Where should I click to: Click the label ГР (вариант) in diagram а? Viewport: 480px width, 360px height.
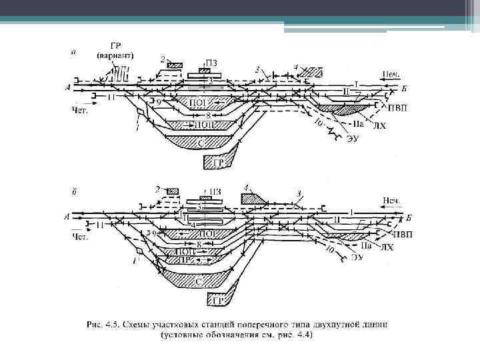tap(116, 51)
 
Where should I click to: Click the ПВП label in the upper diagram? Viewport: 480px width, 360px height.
tap(398, 107)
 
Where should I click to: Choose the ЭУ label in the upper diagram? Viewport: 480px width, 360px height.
tap(353, 139)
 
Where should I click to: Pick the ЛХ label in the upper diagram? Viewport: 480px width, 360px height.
tap(379, 124)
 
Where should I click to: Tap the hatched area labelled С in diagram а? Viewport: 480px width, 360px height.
tap(200, 141)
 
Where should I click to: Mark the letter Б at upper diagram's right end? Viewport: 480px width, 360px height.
tap(407, 88)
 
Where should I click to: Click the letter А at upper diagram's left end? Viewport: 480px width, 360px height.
tap(69, 87)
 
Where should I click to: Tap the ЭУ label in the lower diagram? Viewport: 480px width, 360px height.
tap(357, 256)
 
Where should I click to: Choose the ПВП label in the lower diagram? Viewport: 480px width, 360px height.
tap(402, 235)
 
